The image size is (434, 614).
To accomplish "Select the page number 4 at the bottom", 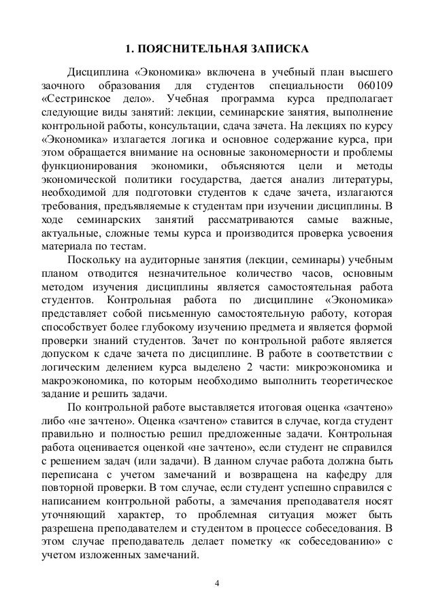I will tap(217, 583).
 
